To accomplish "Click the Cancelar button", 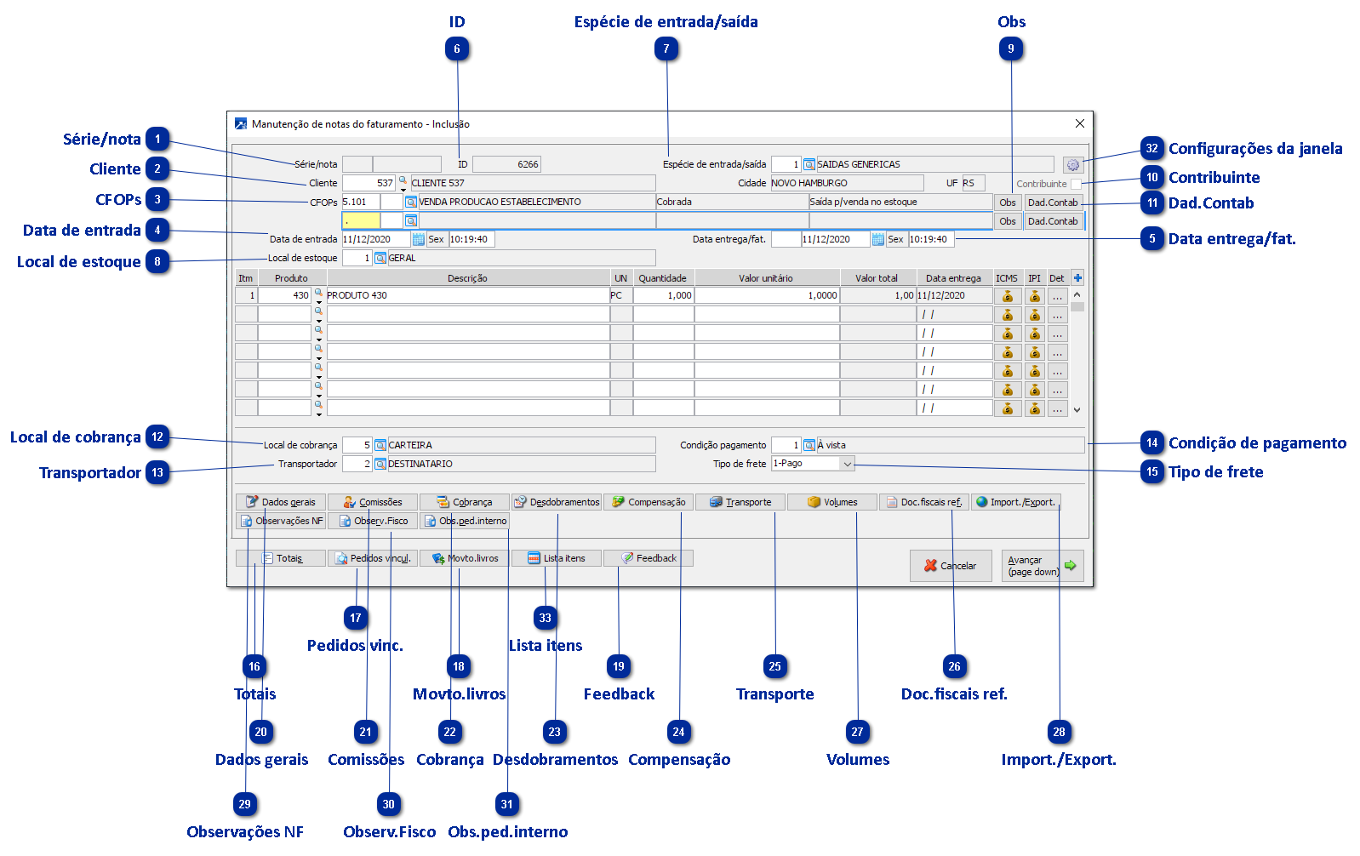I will pos(951,566).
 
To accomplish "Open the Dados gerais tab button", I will pos(281,502).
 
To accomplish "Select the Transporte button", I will pos(740,502).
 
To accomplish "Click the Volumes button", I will pos(832,502).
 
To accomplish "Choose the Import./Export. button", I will pos(1016,502).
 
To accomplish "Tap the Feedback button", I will pos(649,558).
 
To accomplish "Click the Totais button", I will pos(281,558).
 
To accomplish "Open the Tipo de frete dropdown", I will pos(847,464).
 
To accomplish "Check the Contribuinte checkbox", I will pos(1077,184).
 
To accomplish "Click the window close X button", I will pos(1080,123).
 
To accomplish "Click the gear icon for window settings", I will pos(1072,165).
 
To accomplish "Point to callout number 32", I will pos(1152,149).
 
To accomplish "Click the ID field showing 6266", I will pos(506,164).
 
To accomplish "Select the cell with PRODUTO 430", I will pos(467,295).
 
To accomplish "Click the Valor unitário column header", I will pos(766,278).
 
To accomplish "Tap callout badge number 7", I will pos(667,49).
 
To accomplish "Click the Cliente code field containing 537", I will pos(369,183).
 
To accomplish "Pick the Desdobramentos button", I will pos(557,502).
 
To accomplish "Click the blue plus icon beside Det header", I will pos(1077,278).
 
